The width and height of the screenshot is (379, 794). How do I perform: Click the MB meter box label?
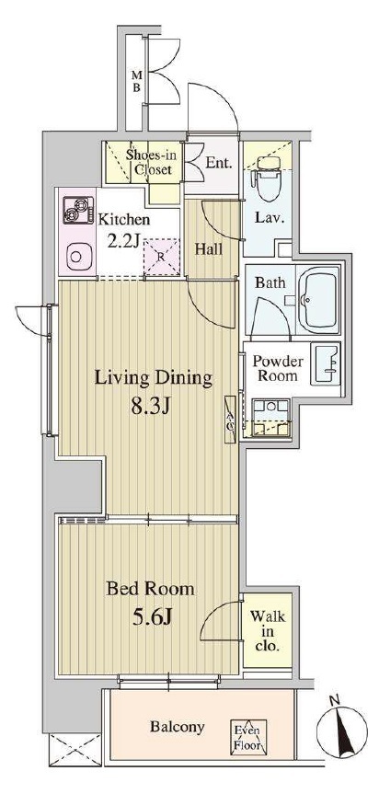[137, 81]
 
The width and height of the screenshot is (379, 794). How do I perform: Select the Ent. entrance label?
[219, 163]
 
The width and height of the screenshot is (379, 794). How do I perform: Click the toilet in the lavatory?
[268, 178]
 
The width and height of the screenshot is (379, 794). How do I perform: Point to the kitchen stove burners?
[78, 210]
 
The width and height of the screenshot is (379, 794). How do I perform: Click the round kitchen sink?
[77, 256]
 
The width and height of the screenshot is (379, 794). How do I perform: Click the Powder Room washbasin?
[327, 365]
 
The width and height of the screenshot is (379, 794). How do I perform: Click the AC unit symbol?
[230, 420]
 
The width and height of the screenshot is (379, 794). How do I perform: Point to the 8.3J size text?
[149, 407]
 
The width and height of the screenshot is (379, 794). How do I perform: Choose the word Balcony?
[178, 727]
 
